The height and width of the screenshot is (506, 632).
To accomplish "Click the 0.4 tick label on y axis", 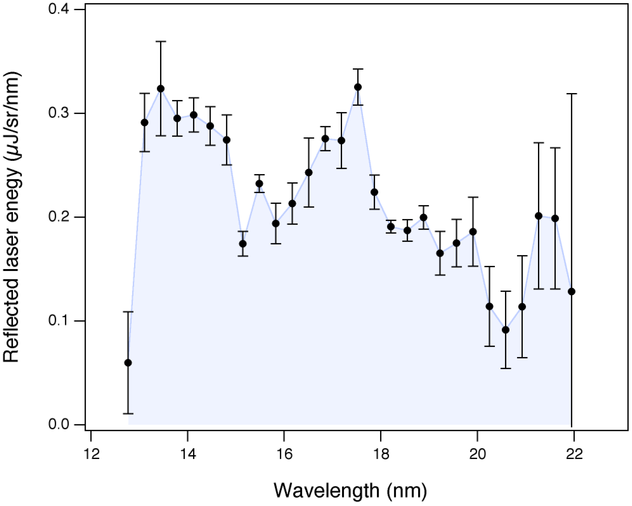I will tap(58, 9).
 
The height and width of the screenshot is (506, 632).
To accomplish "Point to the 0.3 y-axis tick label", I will tap(58, 113).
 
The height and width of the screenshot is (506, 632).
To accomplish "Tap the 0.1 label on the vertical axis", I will tap(58, 320).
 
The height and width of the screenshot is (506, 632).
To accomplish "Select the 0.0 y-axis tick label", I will tap(58, 424).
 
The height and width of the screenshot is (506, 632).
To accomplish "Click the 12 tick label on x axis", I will tap(91, 455).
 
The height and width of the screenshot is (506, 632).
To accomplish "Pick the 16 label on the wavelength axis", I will tap(284, 455).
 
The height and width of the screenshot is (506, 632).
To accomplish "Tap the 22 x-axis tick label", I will tap(574, 455).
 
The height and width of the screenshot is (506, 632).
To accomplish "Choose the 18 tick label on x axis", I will tap(381, 455).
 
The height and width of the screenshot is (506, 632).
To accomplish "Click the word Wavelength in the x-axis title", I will tap(326, 491).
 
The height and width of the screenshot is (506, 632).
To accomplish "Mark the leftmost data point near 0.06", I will tap(128, 363).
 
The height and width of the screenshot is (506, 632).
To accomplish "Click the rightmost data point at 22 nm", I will tap(571, 292).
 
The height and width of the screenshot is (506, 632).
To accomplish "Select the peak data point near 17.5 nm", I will tap(358, 87).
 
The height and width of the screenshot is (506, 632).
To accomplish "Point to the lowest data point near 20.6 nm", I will tap(506, 330).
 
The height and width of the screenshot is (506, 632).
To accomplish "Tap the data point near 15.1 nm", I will tap(243, 244).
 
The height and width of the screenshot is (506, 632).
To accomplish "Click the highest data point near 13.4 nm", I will tap(161, 89).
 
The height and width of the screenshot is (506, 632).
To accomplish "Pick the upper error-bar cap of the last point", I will tap(571, 94).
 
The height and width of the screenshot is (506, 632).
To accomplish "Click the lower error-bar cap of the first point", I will tap(128, 414).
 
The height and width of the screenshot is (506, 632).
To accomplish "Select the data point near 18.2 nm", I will tap(391, 227).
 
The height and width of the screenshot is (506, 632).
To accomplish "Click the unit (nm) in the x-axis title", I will tap(407, 491).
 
